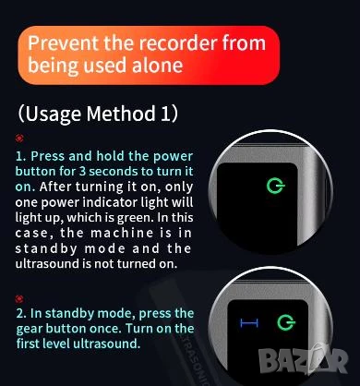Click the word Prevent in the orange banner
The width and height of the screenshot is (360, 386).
tap(64, 43)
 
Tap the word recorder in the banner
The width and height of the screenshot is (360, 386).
tap(178, 43)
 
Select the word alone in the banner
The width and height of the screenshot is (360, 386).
tap(157, 66)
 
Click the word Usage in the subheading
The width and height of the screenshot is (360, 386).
tap(53, 114)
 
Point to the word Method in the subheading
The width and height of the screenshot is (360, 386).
tap(121, 114)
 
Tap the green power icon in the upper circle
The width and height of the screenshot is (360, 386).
tap(275, 186)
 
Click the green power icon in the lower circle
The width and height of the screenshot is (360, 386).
tap(286, 322)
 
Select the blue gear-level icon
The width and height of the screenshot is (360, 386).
tap(249, 323)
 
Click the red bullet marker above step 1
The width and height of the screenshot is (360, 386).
tap(19, 139)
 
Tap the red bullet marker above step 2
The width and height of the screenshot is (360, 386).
tap(19, 298)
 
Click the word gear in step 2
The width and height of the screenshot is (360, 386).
tap(30, 329)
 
